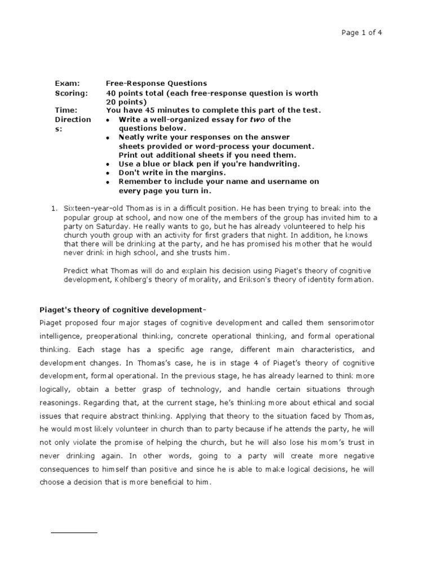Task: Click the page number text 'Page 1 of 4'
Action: coord(361,33)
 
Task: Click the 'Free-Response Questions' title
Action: coord(156,84)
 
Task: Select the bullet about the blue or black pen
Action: coord(209,164)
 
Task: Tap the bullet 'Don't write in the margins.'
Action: coord(172,173)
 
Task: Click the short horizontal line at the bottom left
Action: coord(74,532)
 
